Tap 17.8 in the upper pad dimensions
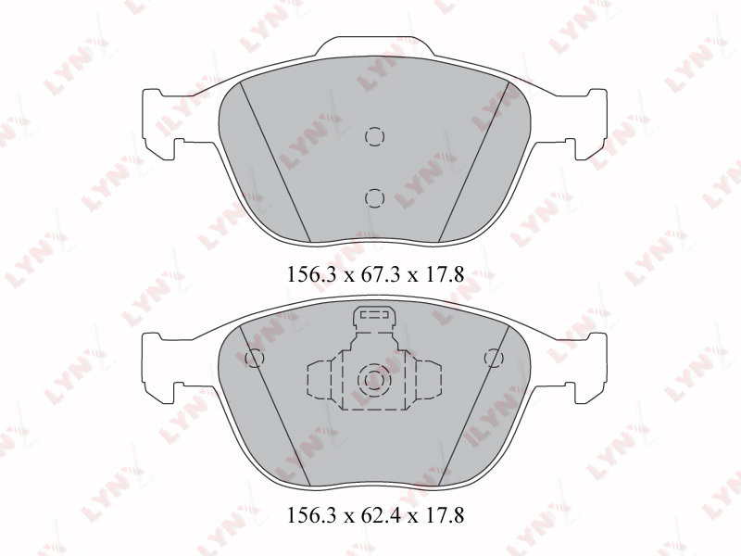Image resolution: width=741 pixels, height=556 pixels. coord(445,274)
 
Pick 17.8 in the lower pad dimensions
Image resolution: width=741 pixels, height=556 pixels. coord(445,515)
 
